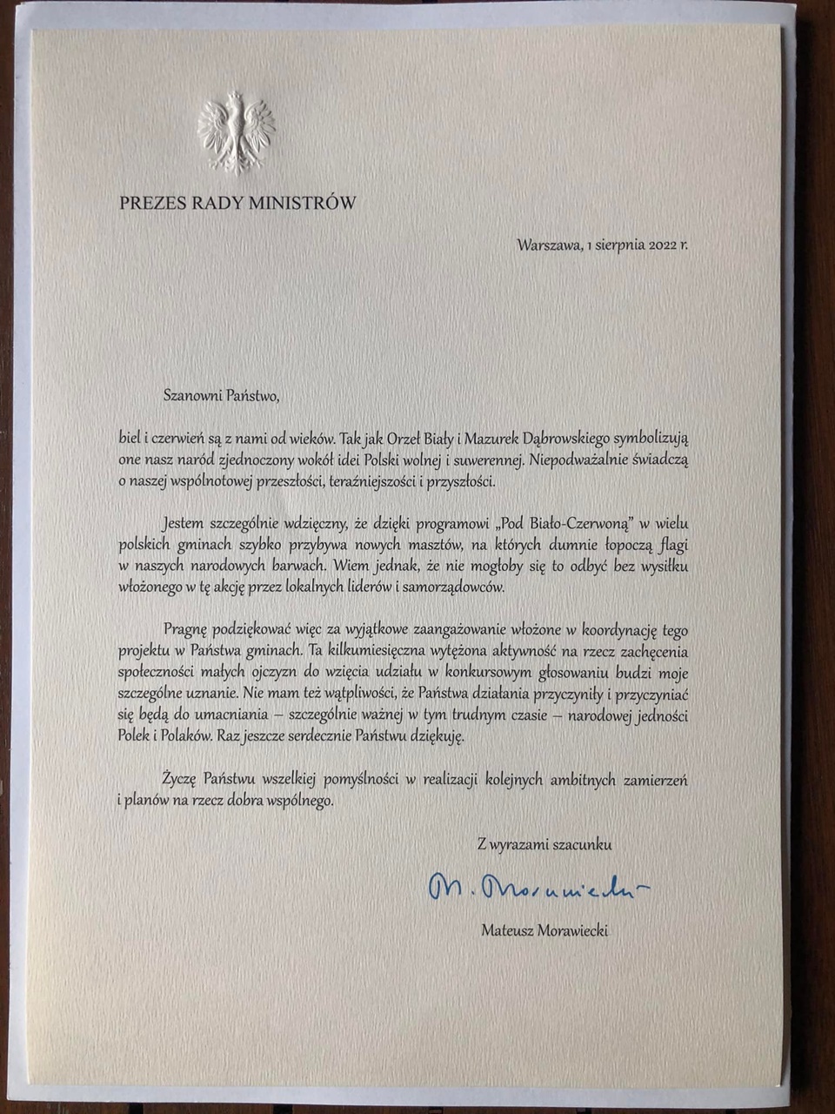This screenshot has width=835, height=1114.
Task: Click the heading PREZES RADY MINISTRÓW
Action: [x=237, y=204]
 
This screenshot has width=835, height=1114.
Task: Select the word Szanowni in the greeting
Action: [x=192, y=395]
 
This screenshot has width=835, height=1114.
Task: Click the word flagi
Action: [x=671, y=546]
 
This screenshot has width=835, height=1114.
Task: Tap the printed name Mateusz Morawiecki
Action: [x=544, y=930]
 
